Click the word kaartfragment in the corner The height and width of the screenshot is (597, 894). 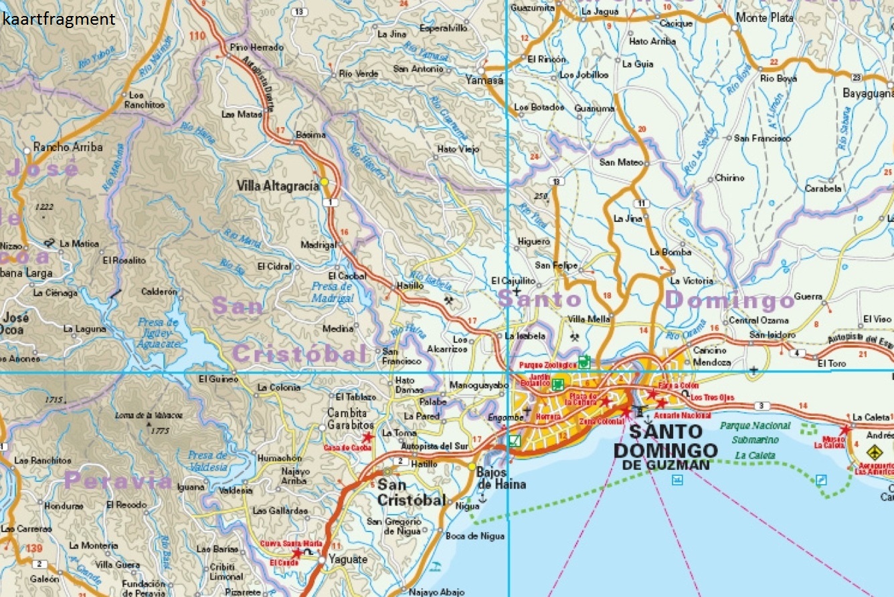point(59,19)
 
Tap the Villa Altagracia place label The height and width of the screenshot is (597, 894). point(277,187)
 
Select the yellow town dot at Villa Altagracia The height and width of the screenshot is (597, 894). point(325,181)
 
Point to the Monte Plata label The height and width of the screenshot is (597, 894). point(764,18)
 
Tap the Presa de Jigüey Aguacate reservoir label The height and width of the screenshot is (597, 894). point(159,332)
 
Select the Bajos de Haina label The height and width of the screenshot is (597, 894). point(501,478)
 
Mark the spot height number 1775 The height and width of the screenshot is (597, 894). point(161,431)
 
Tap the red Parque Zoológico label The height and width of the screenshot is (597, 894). point(547,365)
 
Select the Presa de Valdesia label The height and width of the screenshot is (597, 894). point(208,462)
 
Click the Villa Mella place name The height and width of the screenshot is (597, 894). point(589,319)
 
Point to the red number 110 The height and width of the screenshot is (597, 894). point(197,35)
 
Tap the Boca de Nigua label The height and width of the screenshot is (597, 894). point(474,536)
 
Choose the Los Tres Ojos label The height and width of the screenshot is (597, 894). point(712,397)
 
